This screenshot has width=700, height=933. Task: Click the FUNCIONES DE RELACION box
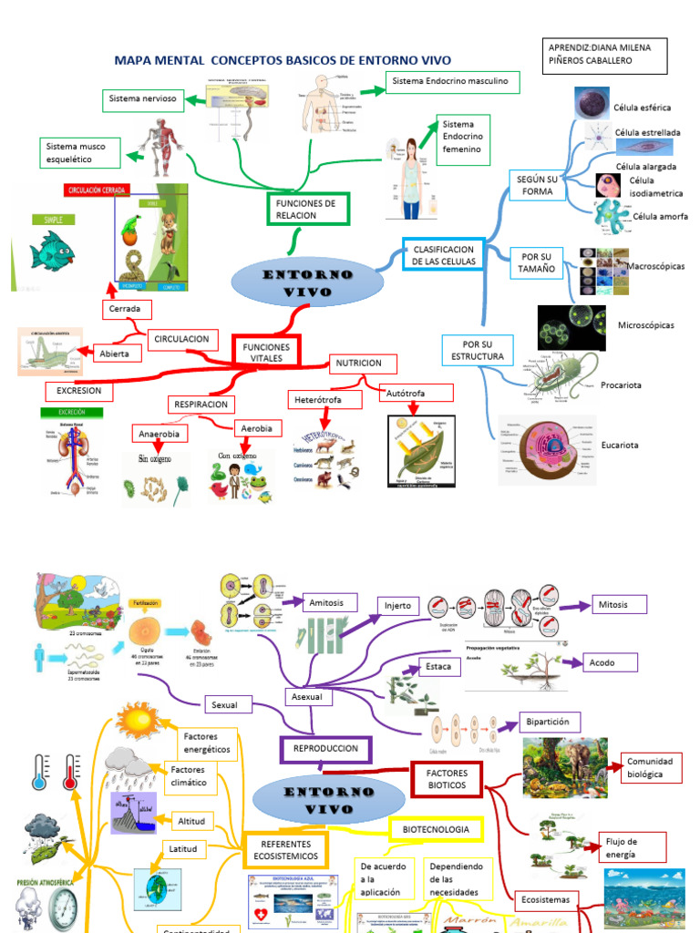(306, 209)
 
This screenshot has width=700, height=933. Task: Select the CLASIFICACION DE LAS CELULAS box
(443, 255)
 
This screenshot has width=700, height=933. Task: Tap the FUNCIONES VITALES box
(266, 353)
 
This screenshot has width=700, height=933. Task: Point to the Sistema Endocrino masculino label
(453, 82)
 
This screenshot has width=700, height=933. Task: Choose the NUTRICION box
(358, 364)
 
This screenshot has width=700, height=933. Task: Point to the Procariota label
(620, 385)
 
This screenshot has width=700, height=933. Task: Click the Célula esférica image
(592, 103)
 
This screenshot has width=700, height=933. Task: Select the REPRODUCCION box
(325, 749)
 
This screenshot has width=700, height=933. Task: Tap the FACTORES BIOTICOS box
(447, 779)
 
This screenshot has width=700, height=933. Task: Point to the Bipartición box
(549, 722)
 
